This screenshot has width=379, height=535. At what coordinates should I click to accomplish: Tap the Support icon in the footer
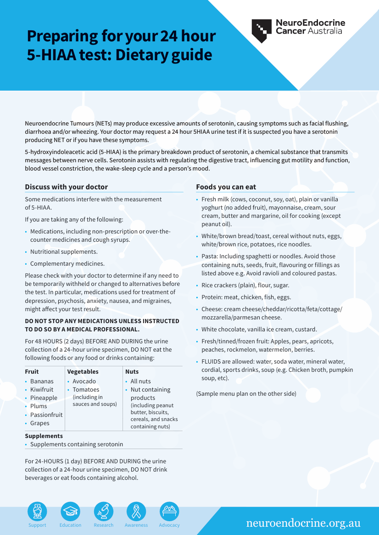(37, 511)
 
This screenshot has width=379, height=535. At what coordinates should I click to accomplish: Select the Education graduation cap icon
(70, 511)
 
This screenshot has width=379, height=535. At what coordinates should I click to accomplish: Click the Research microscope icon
(103, 511)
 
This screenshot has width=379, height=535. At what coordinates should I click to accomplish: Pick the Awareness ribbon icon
(136, 511)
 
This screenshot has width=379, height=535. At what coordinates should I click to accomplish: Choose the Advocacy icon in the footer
(169, 511)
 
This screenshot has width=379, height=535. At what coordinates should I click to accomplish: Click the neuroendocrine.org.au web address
(303, 523)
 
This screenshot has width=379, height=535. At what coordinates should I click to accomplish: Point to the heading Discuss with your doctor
(67, 187)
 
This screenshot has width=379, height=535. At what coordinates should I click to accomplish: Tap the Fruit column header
(32, 371)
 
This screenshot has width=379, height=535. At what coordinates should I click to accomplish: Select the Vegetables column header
(83, 371)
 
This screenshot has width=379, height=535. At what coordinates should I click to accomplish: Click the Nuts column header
(132, 371)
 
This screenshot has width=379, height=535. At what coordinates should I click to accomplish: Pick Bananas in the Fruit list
(42, 381)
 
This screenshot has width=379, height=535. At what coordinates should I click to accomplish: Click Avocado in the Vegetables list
(84, 381)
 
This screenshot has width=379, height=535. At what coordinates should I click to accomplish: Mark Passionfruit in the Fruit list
(46, 415)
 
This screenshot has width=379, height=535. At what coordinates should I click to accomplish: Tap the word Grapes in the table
(40, 423)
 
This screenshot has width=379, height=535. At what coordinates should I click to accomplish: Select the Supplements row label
(44, 436)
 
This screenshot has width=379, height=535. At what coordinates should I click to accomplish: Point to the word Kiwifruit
(42, 390)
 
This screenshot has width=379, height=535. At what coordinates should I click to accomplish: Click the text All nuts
(140, 381)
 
